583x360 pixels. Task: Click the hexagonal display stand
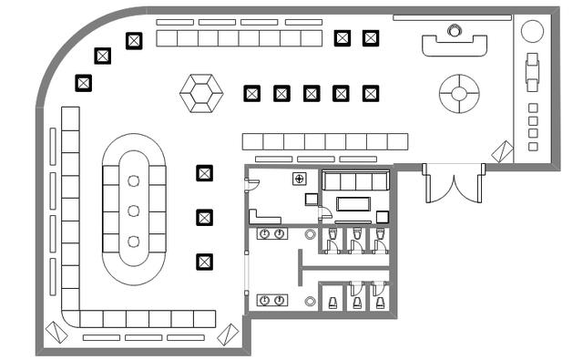tap(201, 93)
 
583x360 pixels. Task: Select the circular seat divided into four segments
tap(459, 93)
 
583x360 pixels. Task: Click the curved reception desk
tap(455, 45)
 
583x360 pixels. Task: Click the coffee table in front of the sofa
tap(356, 203)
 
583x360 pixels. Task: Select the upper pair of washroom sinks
tap(271, 234)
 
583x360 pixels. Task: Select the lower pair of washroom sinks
tap(271, 300)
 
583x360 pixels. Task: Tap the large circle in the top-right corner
tap(532, 30)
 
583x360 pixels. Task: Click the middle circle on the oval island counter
tap(134, 211)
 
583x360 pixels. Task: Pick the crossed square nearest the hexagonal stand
tap(252, 93)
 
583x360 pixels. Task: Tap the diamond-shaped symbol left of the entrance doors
tap(502, 150)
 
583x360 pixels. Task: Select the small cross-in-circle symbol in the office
tap(299, 179)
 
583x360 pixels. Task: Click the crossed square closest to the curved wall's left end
tap(84, 83)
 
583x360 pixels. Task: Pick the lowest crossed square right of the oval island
tap(204, 262)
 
